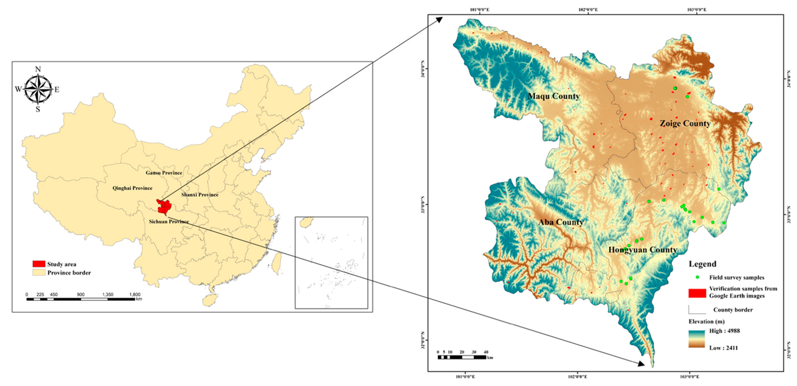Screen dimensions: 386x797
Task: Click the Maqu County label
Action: click(x=554, y=96)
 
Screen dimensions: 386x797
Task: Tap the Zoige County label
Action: click(x=685, y=123)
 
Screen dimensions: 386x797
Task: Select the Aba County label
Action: click(x=561, y=222)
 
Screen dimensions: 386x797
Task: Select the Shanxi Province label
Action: click(x=200, y=195)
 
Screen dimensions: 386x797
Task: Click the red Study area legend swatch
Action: click(x=39, y=264)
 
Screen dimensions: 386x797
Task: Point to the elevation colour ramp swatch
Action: click(x=696, y=339)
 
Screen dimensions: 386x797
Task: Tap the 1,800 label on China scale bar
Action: click(x=135, y=294)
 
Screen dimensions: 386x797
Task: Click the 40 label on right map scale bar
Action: click(x=486, y=352)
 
